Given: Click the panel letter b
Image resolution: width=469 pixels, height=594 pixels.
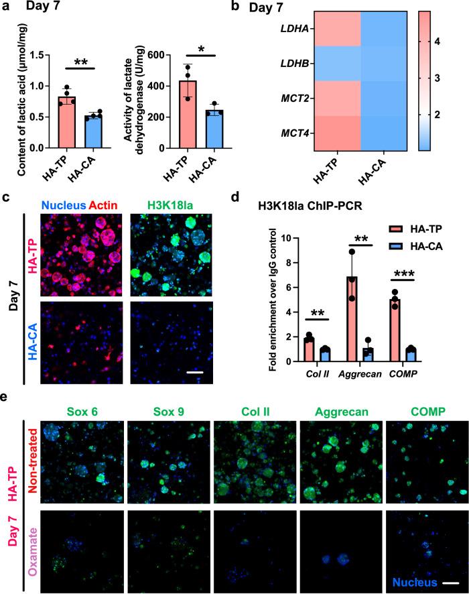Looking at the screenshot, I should point(243,9).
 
